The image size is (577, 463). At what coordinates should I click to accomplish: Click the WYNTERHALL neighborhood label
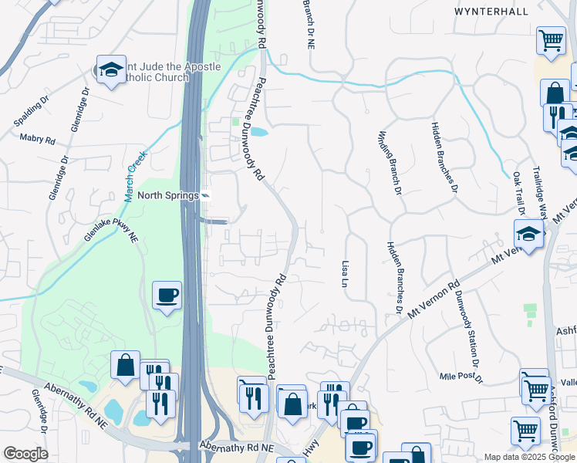coord(513,12)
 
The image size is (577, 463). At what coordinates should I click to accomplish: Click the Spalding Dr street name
coord(31,112)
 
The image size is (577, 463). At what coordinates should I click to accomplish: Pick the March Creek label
coord(136,176)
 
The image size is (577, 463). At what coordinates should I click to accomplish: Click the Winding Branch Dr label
coord(390,162)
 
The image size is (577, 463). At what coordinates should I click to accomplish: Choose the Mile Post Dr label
coord(461,378)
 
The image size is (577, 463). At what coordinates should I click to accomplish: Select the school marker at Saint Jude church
coord(111,69)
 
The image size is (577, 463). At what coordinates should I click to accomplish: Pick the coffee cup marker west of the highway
coord(167,294)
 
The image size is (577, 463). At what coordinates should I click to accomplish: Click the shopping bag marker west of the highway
coord(125,365)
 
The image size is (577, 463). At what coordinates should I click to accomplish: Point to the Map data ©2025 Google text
coord(528,457)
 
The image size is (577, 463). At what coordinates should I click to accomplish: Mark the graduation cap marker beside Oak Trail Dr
coord(528,233)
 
